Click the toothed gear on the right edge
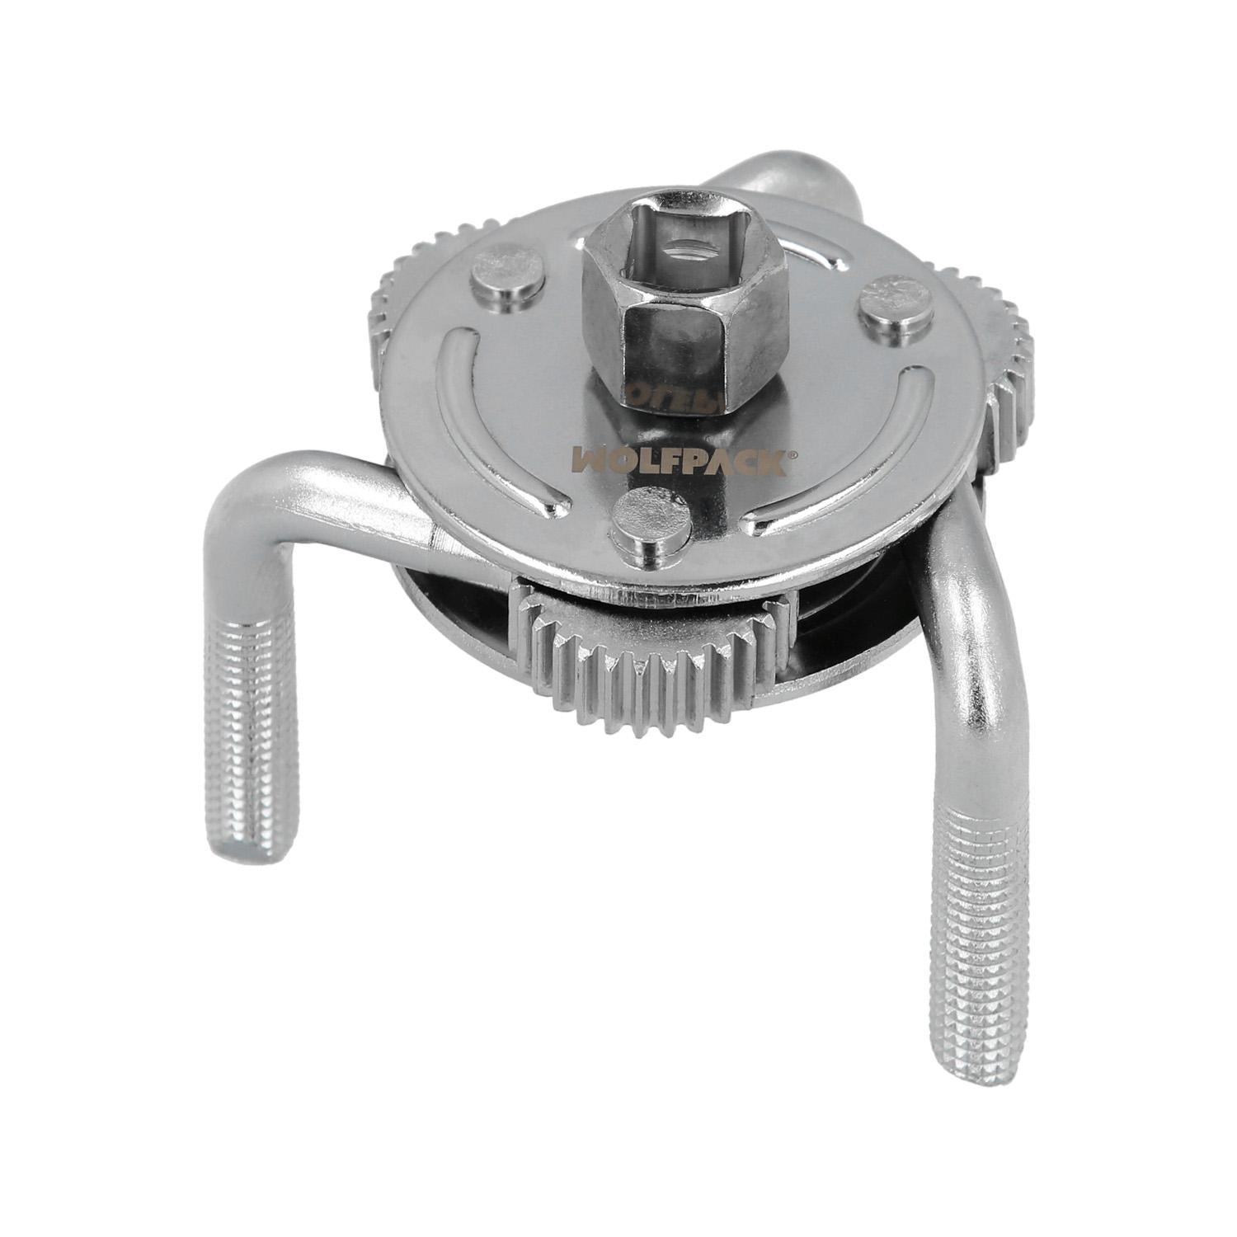(1002, 363)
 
